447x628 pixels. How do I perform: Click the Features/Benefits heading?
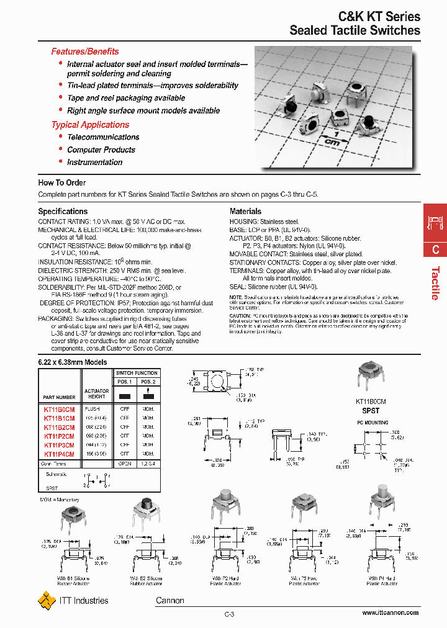(84, 52)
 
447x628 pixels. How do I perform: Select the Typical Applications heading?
(90, 125)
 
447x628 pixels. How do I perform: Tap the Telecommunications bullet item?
(103, 137)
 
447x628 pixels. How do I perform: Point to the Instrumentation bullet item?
(95, 162)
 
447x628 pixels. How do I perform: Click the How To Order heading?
(62, 182)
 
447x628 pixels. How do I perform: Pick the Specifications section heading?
(63, 211)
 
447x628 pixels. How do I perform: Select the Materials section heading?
(245, 211)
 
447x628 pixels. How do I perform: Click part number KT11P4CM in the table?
(59, 454)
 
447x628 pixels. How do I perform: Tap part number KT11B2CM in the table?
(59, 428)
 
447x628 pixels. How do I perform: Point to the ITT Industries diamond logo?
(47, 600)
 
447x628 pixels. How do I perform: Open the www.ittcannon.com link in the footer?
(391, 612)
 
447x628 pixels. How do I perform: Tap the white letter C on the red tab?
(436, 249)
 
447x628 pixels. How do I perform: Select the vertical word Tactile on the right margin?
(436, 283)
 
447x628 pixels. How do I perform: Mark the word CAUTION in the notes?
(242, 316)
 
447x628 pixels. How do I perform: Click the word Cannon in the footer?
(169, 600)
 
